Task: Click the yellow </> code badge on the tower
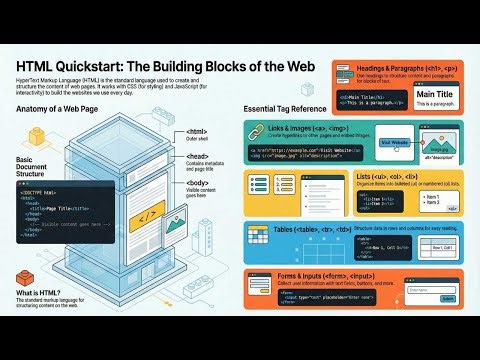pos(146,213)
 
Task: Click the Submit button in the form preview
pos(433,298)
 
